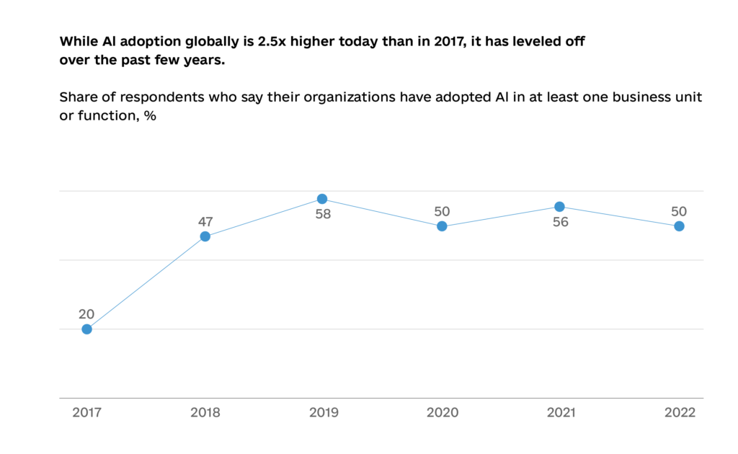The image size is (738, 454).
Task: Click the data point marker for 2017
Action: coord(86,329)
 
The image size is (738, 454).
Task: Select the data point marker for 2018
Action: coord(205,236)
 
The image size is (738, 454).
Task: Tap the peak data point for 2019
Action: coord(322,199)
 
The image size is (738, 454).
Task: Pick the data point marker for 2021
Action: coord(559,207)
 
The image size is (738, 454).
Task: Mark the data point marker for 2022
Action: coord(679,226)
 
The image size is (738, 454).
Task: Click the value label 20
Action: coord(86,313)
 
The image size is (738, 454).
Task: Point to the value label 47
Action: coord(206,221)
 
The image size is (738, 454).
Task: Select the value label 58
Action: coord(322,214)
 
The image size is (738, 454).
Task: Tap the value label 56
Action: coord(560,222)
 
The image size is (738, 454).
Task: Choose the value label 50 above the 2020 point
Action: coord(442,211)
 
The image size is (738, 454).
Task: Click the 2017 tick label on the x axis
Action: coord(86,413)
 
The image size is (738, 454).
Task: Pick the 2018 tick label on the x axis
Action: coord(205,413)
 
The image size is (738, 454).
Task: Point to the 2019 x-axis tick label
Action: coord(324,413)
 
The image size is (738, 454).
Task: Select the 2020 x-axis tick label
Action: coord(442,413)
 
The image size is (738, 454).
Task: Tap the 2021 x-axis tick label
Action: coord(561,413)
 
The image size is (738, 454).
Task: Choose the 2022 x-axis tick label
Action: coord(680,413)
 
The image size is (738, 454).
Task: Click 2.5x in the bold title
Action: coord(273,42)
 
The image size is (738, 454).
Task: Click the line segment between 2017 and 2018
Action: coord(146,282)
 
